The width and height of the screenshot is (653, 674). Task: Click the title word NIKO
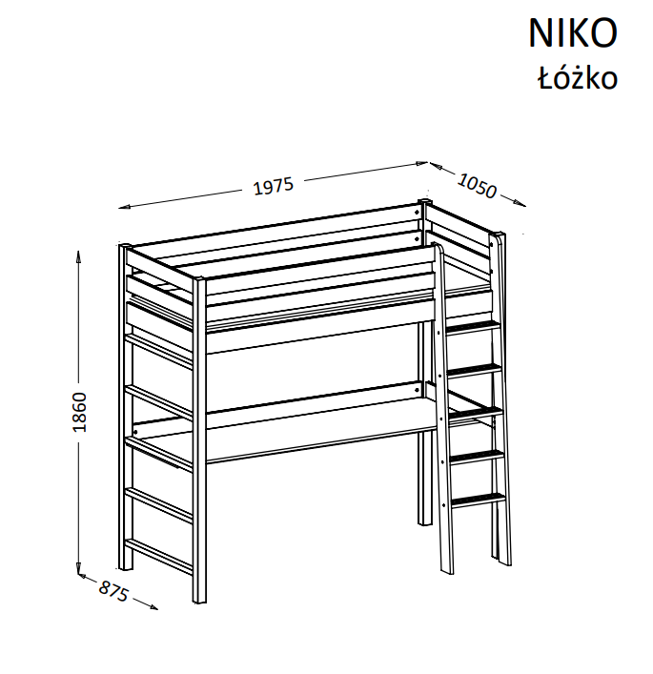coord(573,33)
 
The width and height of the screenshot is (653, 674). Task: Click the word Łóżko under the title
coord(577,78)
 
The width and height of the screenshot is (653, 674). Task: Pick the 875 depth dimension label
coord(113,591)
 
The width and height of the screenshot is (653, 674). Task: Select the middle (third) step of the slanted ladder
coord(475,413)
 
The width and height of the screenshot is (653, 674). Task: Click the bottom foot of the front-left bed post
coord(200,601)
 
